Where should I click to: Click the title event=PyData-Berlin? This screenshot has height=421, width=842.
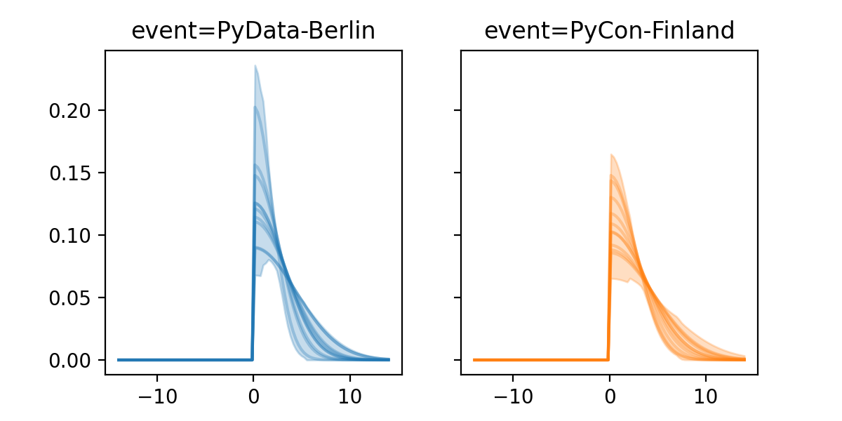click(253, 31)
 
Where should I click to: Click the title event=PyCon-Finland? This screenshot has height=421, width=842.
click(609, 31)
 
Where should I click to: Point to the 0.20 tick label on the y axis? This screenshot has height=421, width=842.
click(68, 111)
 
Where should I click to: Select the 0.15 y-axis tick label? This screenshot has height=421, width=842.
click(68, 173)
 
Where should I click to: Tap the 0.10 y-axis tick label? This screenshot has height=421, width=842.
click(68, 236)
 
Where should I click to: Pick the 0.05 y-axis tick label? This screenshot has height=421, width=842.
click(68, 298)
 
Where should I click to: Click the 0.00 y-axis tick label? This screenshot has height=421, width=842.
click(68, 361)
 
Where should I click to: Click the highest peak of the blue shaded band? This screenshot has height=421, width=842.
click(255, 66)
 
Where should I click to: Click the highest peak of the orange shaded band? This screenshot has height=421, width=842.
click(611, 154)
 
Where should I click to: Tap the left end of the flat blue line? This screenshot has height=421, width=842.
click(119, 359)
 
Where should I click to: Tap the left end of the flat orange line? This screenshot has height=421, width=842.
click(474, 359)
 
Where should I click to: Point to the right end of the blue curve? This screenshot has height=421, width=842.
click(388, 359)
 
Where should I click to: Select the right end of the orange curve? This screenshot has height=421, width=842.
click(744, 359)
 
